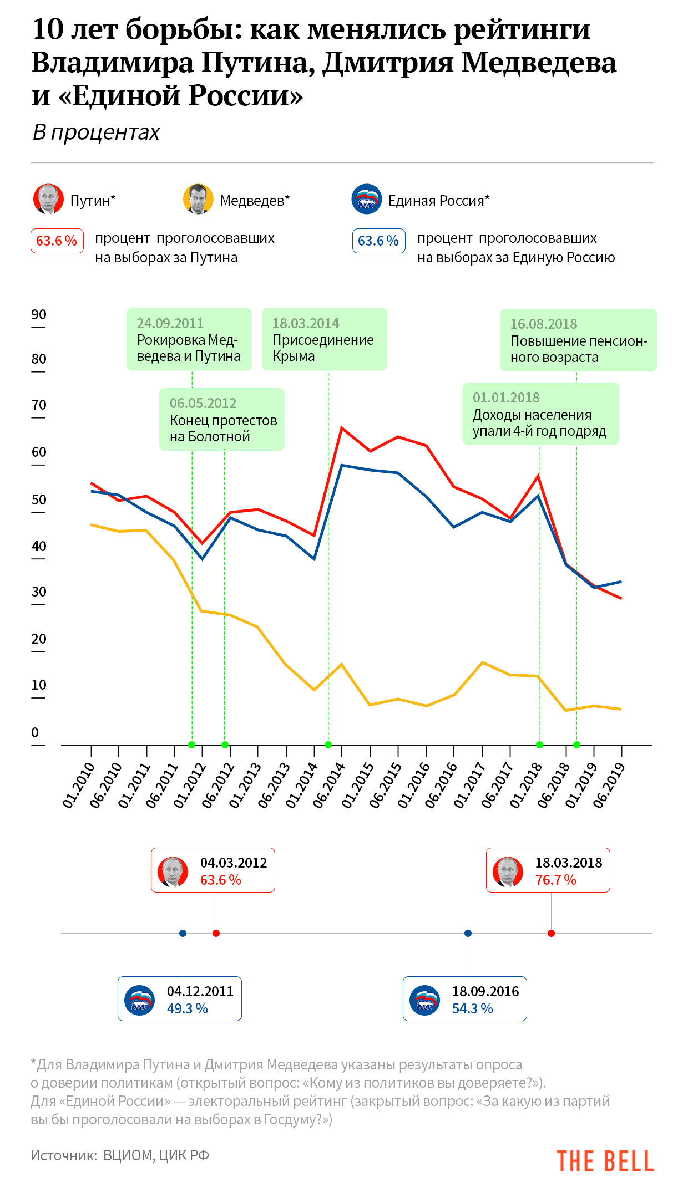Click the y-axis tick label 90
pyautogui.click(x=39, y=315)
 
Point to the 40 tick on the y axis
pyautogui.click(x=39, y=547)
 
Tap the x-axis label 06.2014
pyautogui.click(x=329, y=785)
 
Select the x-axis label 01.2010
pyautogui.click(x=78, y=785)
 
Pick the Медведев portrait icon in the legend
pyautogui.click(x=198, y=199)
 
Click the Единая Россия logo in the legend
pyautogui.click(x=367, y=199)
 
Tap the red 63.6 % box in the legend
pyautogui.click(x=57, y=241)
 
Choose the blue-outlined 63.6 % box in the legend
pyautogui.click(x=379, y=241)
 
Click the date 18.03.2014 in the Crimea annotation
pyautogui.click(x=305, y=323)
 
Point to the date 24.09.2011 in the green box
pyautogui.click(x=170, y=323)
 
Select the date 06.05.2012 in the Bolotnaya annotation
pyautogui.click(x=203, y=403)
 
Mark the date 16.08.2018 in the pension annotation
pyautogui.click(x=544, y=324)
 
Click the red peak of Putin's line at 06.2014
pyautogui.click(x=342, y=427)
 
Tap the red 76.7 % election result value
pyautogui.click(x=555, y=880)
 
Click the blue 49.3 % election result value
pyautogui.click(x=188, y=1008)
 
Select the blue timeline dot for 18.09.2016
pyautogui.click(x=468, y=933)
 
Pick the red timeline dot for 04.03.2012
pyautogui.click(x=216, y=933)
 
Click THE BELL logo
pyautogui.click(x=605, y=1161)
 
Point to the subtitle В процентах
pyautogui.click(x=97, y=132)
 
